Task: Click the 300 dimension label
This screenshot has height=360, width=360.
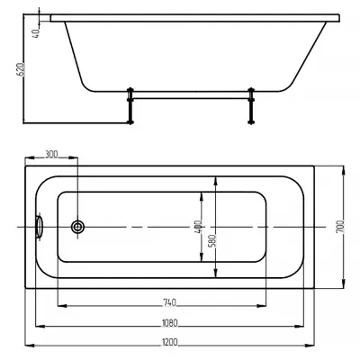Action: coord(51,154)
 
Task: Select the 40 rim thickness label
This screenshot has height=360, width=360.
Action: coord(36,33)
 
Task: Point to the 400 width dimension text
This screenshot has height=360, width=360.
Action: coord(198,227)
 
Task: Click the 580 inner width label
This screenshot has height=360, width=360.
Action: coord(212,240)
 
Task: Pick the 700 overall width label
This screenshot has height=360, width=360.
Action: coord(340,227)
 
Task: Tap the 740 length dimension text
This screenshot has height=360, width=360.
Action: coord(169,302)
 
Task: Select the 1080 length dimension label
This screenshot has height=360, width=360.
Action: coord(170,323)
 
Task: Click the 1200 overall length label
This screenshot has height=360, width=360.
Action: coord(170,342)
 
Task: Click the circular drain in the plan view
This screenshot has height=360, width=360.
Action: coord(77,227)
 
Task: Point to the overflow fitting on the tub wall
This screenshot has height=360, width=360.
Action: coord(39,227)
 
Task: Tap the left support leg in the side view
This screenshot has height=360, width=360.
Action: coord(130,105)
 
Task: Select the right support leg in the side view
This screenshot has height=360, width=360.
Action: coord(251,105)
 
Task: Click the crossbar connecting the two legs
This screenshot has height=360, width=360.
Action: coord(191,97)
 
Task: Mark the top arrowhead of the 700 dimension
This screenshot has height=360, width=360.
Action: coord(344,171)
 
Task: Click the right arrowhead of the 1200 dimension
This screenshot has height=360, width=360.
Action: coord(310,346)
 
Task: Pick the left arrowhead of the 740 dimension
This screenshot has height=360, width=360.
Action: coord(62,306)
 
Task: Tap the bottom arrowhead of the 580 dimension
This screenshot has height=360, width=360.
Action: coord(216,273)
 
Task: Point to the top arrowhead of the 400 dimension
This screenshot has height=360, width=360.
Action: coord(202,196)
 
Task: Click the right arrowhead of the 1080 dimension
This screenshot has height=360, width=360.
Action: coord(300,326)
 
